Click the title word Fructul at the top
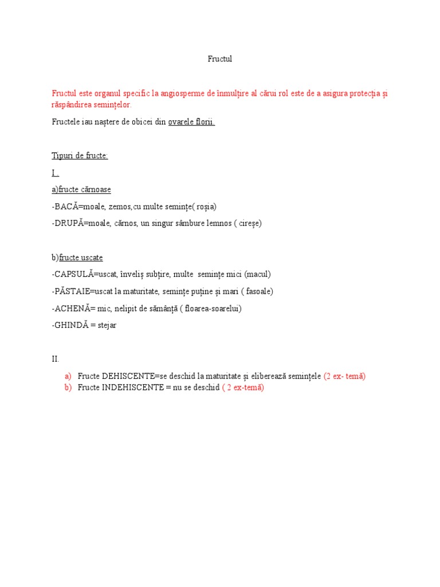coord(219,59)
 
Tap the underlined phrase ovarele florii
coord(191,122)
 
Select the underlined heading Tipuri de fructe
coord(80,156)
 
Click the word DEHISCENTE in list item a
coord(128,376)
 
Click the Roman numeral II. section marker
coord(55,359)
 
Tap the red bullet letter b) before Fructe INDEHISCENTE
coord(68,388)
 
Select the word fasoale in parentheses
coord(257,291)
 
